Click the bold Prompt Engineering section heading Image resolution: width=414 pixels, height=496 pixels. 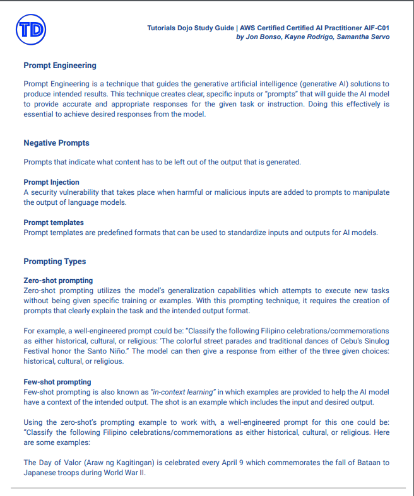click(60, 65)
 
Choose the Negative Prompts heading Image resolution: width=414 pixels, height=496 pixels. click(56, 143)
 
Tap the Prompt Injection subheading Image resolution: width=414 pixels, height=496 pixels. click(51, 183)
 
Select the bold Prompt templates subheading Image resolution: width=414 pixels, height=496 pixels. click(54, 222)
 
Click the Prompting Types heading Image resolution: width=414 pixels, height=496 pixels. click(55, 262)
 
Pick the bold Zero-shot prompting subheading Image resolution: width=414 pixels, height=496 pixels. click(58, 280)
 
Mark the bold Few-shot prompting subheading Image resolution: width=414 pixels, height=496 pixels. click(57, 382)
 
